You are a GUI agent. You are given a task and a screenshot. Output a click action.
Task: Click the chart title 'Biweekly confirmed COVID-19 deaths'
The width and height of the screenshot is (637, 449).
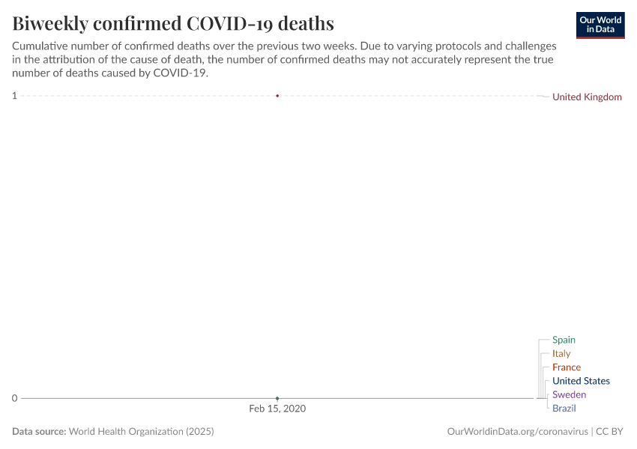tap(173, 23)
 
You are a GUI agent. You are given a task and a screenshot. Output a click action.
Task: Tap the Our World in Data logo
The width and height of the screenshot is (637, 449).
tap(600, 25)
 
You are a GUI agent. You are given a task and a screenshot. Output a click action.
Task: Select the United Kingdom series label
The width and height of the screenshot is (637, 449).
tap(587, 97)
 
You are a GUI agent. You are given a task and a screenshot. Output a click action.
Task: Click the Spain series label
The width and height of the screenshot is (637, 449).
tap(564, 340)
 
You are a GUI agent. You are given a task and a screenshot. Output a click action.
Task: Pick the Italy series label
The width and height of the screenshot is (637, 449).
tap(561, 353)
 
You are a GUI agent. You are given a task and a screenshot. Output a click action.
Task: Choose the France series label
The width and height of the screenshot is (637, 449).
tap(567, 367)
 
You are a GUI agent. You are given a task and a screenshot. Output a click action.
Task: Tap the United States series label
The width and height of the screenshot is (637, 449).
tap(581, 381)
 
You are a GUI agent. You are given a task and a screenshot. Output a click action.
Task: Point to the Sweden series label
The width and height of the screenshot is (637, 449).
tap(569, 394)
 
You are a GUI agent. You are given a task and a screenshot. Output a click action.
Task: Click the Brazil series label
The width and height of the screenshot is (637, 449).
tap(564, 408)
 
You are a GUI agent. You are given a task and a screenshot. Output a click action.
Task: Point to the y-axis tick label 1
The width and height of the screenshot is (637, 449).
tap(14, 95)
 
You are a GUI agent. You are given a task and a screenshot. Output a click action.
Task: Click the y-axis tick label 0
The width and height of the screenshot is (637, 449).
tap(14, 398)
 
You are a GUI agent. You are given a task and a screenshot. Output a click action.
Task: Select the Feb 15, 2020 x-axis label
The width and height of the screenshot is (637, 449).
tap(277, 409)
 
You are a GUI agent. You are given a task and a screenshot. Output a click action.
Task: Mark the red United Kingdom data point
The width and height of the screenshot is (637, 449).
tap(277, 96)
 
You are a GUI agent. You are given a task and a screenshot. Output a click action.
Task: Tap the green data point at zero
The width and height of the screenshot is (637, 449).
tap(277, 398)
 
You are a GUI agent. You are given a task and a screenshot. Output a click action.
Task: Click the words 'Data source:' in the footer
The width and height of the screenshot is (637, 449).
tap(39, 432)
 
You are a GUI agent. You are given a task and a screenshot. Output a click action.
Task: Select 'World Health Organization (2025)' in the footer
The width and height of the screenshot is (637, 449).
tap(142, 432)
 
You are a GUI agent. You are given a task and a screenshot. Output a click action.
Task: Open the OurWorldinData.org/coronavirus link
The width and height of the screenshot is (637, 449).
tap(517, 432)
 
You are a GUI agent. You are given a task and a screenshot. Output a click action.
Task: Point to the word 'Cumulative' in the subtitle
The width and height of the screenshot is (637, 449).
tap(40, 46)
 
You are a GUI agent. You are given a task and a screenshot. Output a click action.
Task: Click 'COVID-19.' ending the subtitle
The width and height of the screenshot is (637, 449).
tap(180, 73)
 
